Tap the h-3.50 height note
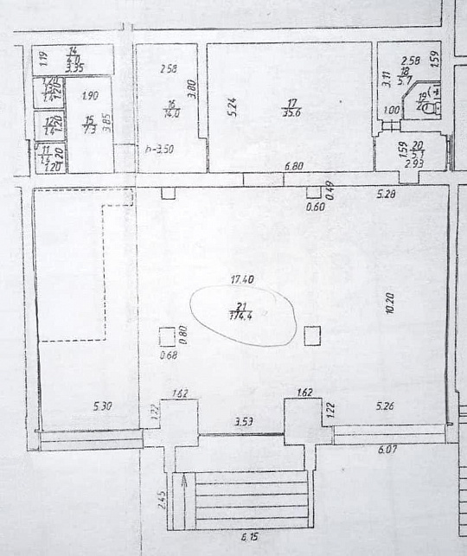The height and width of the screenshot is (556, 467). coord(159,149)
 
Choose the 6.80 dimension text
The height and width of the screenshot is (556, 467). coord(294,167)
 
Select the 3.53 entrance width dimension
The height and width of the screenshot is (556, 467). coord(245,421)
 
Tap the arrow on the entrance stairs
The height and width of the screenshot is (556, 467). coord(183,499)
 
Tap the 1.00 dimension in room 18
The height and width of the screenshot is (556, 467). coord(392,111)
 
